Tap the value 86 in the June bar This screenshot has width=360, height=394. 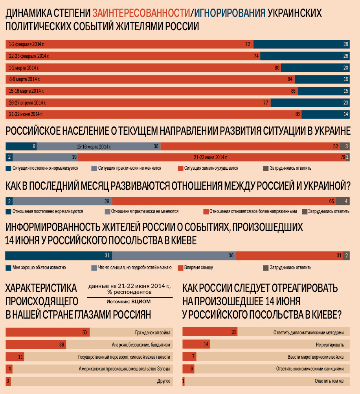[298, 114]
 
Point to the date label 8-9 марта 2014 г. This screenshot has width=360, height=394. [24, 79]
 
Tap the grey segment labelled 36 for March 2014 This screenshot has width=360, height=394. [99, 147]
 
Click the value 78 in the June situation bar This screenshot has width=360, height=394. [342, 157]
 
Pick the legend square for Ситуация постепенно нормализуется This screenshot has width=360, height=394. [8, 168]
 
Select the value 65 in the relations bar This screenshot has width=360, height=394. [331, 201]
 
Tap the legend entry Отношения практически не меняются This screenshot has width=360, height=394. [144, 211]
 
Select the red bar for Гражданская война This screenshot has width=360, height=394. [47, 332]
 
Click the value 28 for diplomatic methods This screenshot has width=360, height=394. [234, 332]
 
